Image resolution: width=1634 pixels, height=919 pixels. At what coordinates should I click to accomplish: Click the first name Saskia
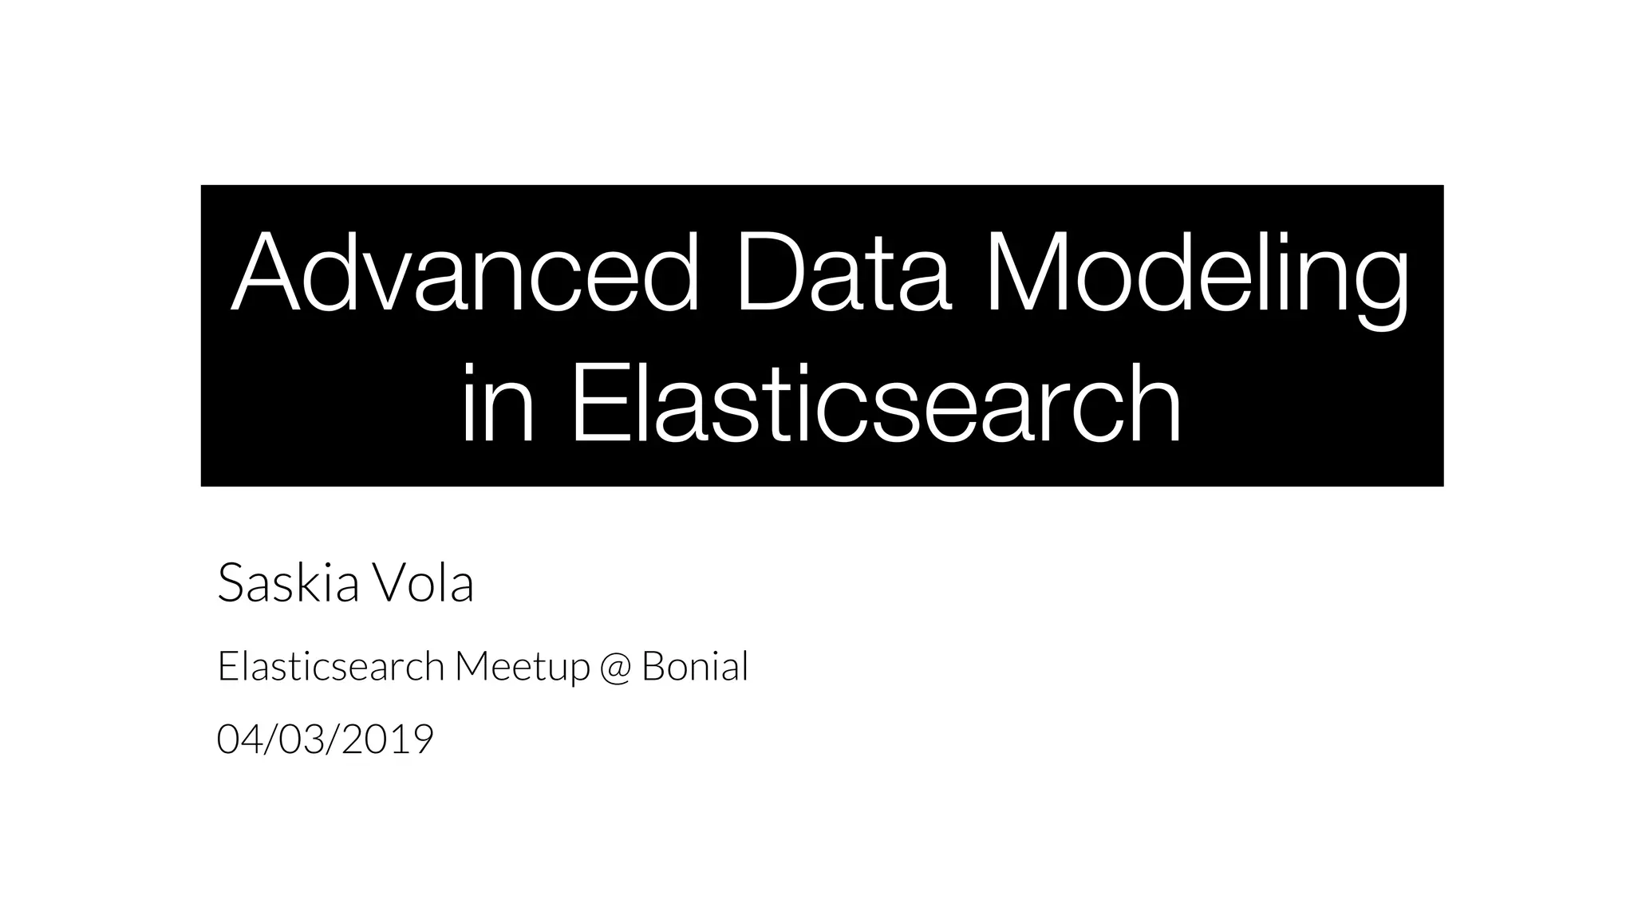click(x=288, y=583)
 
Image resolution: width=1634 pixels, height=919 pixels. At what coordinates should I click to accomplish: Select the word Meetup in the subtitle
click(x=522, y=666)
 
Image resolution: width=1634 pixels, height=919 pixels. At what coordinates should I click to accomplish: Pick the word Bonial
click(x=694, y=666)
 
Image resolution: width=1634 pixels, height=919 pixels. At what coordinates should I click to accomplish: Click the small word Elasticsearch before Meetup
click(x=330, y=666)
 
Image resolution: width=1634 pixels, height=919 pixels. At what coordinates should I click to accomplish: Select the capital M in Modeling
click(x=1029, y=273)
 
